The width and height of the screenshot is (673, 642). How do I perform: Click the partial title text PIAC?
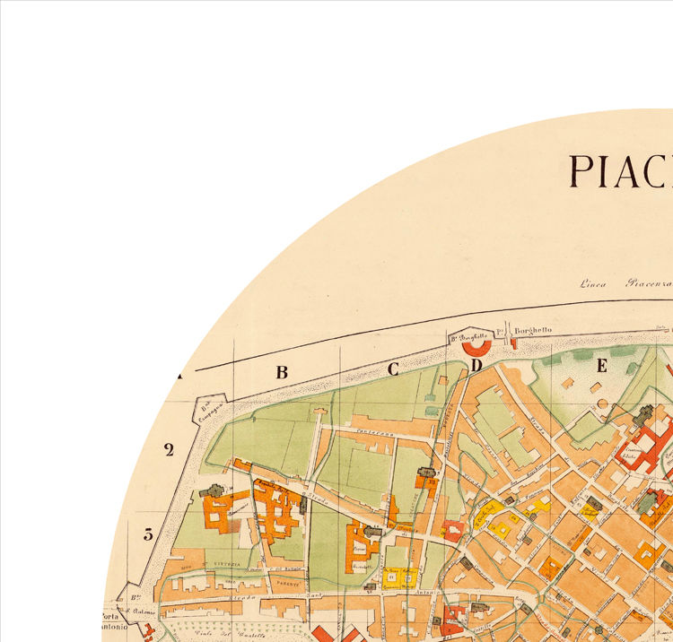tap(620, 170)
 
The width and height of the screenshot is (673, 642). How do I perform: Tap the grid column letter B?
tap(282, 372)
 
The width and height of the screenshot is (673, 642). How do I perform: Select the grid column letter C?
tap(392, 368)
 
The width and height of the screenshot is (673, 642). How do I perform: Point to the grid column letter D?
tap(476, 365)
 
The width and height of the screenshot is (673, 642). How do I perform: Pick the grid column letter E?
tap(602, 365)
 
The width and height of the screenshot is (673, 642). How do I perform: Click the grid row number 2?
tap(169, 450)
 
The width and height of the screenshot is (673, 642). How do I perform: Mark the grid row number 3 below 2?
tap(149, 534)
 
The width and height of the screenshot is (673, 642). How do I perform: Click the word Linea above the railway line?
tap(592, 285)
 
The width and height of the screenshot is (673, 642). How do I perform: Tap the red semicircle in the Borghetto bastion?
tap(476, 346)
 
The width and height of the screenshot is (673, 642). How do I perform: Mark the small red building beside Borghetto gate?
tap(514, 343)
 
